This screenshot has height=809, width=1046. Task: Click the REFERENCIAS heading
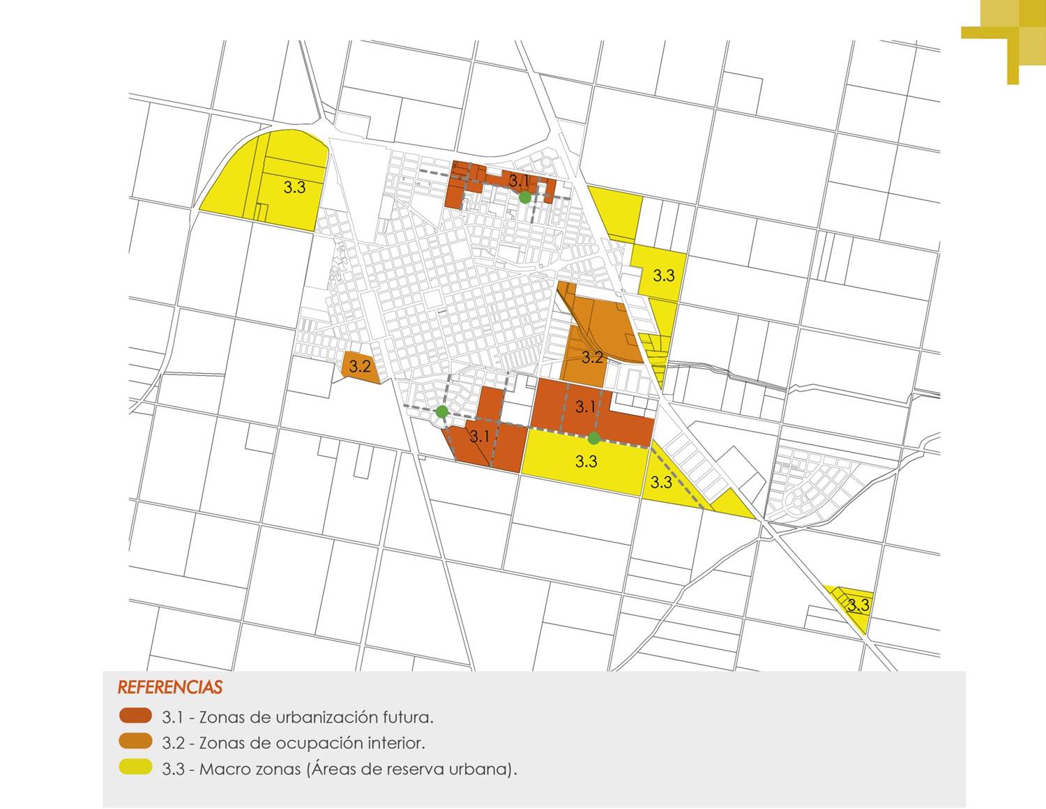(170, 687)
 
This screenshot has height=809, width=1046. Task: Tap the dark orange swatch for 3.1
(135, 716)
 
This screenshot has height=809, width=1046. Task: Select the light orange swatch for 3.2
(135, 742)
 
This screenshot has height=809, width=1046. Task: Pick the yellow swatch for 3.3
(135, 768)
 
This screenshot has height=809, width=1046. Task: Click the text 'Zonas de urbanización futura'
(316, 717)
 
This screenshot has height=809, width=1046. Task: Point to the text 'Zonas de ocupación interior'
(312, 743)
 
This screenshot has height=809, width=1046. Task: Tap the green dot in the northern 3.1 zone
(525, 198)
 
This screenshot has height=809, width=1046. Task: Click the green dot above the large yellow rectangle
(593, 438)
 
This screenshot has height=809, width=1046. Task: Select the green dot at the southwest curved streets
(441, 412)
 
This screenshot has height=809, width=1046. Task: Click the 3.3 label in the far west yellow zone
(294, 187)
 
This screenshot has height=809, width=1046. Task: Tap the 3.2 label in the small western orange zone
(360, 366)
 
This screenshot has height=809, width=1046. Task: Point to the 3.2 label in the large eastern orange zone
(592, 357)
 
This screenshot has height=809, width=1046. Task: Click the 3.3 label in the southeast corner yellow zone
(858, 605)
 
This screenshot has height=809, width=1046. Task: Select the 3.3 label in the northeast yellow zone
(663, 275)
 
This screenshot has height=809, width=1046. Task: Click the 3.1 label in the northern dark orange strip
(519, 181)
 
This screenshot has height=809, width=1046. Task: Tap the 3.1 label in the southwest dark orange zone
(479, 437)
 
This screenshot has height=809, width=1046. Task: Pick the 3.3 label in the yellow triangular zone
(660, 482)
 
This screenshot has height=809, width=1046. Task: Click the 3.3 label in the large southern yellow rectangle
(586, 461)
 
